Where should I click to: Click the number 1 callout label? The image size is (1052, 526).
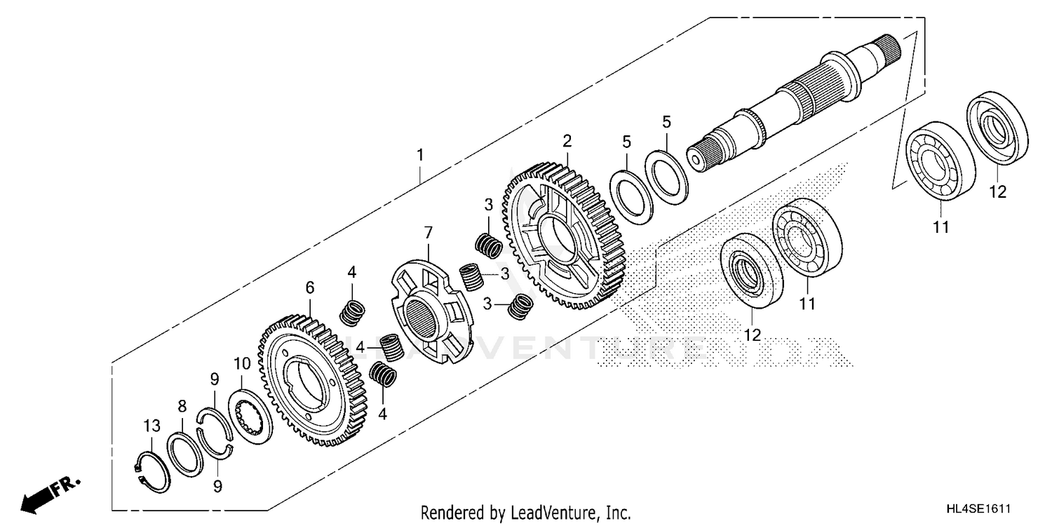point(420,155)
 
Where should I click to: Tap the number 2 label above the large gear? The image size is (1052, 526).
point(567,141)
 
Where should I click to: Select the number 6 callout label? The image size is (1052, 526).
point(309,287)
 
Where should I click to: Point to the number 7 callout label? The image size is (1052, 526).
point(428,231)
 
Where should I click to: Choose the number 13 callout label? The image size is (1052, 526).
point(152,426)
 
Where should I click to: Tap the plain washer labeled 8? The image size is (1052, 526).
point(185,454)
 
